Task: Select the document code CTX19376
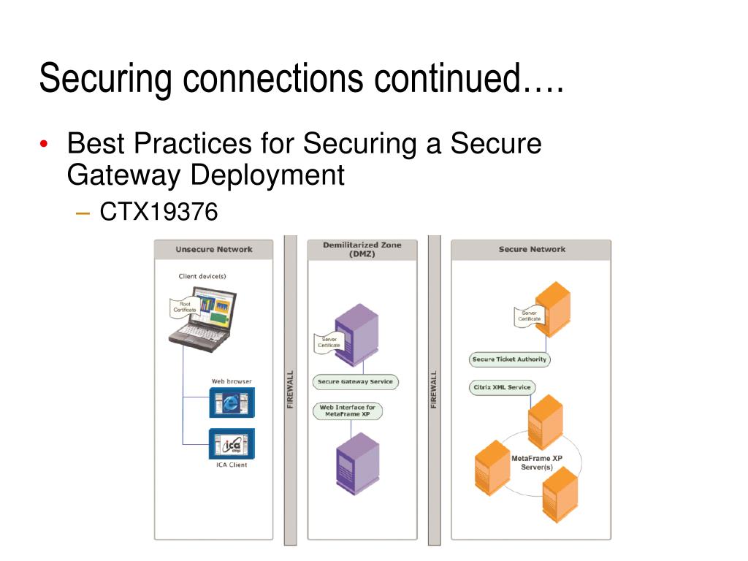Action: click(159, 213)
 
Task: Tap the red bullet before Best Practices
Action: click(45, 145)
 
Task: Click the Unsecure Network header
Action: click(213, 249)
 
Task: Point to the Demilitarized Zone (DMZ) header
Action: click(362, 249)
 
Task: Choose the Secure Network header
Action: click(532, 249)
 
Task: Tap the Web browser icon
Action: click(232, 402)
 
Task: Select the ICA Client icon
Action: click(232, 443)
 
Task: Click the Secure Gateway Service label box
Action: click(356, 381)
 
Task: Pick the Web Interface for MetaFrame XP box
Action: click(347, 411)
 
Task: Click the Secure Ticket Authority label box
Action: click(509, 359)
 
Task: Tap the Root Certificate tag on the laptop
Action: click(184, 308)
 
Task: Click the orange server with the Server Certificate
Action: click(553, 308)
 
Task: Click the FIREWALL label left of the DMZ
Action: click(290, 389)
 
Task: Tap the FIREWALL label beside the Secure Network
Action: click(434, 389)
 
